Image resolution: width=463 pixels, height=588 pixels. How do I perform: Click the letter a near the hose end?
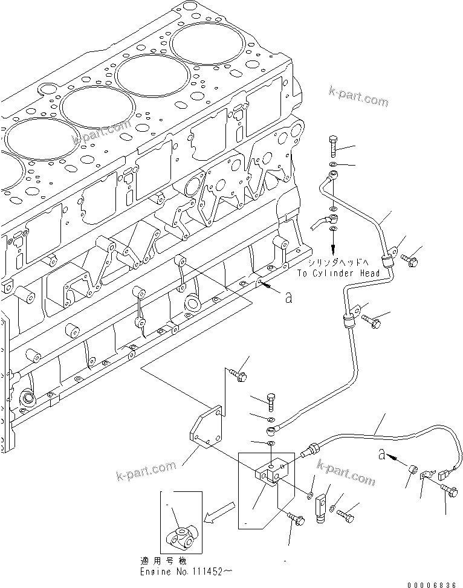click(382, 454)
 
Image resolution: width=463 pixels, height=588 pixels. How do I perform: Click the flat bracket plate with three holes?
click(206, 430)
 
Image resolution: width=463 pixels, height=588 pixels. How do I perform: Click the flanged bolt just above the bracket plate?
click(238, 375)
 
